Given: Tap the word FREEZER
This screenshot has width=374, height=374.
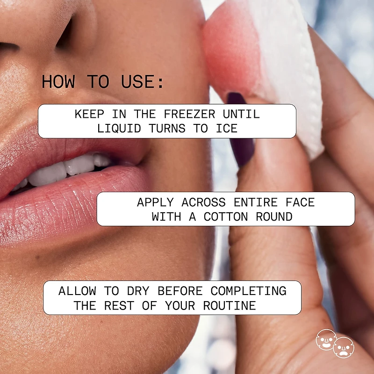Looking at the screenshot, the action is coord(189,114).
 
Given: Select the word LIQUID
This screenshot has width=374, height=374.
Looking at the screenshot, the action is coord(119,128).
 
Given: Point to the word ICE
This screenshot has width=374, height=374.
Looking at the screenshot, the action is coord(227,128).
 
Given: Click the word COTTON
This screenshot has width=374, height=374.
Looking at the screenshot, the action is coord(226,216).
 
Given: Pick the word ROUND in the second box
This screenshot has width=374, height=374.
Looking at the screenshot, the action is coord(274,216).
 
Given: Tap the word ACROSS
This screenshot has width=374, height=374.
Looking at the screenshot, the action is coord(203,202).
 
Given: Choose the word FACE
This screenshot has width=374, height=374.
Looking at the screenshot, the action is coord(300,202).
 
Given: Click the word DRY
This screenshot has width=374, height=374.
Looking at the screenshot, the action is coord(138,291).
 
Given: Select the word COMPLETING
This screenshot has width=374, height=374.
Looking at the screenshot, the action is coord(249,291).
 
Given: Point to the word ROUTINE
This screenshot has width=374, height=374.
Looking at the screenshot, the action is coord(230,306).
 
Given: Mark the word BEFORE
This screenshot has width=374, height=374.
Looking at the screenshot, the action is coord(180,291).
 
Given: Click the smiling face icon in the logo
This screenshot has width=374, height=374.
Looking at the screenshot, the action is coord(325,339).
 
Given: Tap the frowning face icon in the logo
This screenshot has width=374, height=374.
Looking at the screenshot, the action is coord(344,347).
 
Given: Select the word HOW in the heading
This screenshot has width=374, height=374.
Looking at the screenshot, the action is coord(58,81).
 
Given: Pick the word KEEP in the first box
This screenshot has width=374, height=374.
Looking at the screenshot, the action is coord(89,114).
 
